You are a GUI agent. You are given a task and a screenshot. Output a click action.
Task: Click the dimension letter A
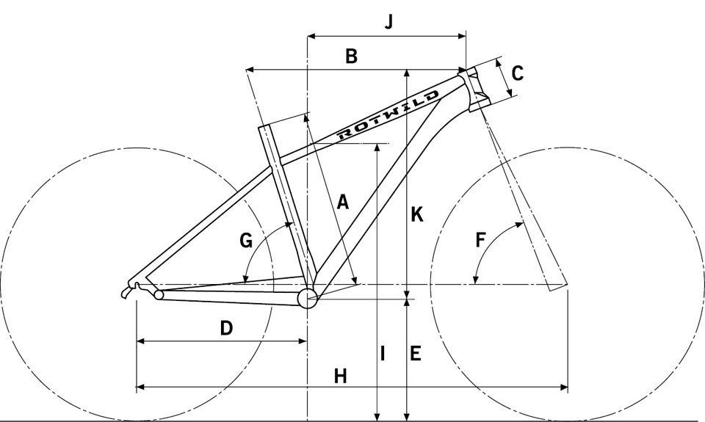pos(343,202)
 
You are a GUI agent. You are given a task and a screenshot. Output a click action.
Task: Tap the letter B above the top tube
pos(351,57)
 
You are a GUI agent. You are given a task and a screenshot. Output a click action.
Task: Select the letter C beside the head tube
pos(518,73)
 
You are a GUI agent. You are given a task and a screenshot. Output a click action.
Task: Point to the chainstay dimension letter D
pos(227,328)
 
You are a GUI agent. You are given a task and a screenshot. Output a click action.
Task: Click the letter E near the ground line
pos(416,353)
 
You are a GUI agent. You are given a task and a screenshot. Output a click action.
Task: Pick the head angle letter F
pos(480,240)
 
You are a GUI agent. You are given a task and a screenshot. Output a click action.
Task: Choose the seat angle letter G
pos(246,241)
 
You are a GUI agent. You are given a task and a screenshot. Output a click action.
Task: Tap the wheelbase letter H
pos(340,376)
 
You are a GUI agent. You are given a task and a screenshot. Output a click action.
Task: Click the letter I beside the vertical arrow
pos(382,353)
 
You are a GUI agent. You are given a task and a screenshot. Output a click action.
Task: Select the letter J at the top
pos(389,21)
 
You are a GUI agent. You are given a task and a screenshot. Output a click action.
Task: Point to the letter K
pos(417,214)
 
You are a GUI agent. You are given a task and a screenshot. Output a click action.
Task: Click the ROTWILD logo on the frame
pos(388,114)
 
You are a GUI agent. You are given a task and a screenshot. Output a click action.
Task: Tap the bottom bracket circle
pos(308,298)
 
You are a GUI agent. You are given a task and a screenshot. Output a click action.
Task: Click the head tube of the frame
pos(473,89)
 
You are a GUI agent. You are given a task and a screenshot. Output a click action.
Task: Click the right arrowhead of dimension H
pos(563,387)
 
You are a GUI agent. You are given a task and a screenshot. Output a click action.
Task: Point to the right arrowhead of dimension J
pos(461,36)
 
